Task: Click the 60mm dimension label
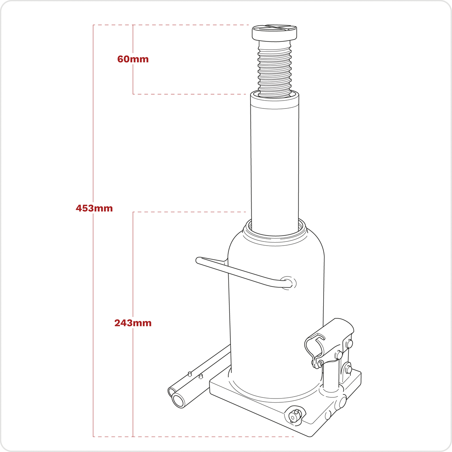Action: pyautogui.click(x=133, y=59)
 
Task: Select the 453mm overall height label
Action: pyautogui.click(x=94, y=208)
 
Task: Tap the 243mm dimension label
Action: pyautogui.click(x=133, y=323)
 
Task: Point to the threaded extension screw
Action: pyautogui.click(x=275, y=68)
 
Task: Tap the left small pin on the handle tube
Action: pyautogui.click(x=190, y=374)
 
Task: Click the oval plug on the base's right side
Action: pyautogui.click(x=342, y=402)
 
